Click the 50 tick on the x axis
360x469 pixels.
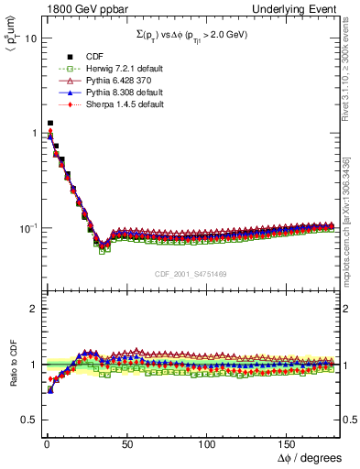tap(126, 442)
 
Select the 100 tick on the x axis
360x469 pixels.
tap(207, 442)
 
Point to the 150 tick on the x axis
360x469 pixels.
tap(288, 442)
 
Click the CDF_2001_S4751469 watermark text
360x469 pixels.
tap(190, 272)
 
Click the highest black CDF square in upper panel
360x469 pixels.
tap(49, 123)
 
